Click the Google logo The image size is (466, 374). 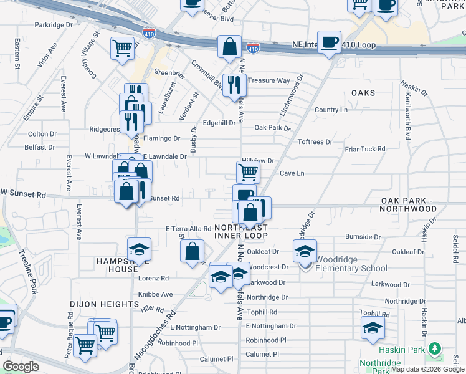tap(21, 367)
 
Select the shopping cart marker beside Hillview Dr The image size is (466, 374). tap(248, 171)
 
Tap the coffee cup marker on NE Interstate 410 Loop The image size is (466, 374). tap(329, 42)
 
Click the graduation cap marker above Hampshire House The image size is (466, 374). tap(139, 249)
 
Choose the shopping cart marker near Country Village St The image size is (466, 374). tap(123, 47)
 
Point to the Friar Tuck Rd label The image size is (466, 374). tap(365, 150)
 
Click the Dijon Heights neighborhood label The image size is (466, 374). tap(103, 304)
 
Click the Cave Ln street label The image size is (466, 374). tap(292, 173)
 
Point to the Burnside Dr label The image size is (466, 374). tap(363, 237)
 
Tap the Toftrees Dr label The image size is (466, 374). tap(315, 142)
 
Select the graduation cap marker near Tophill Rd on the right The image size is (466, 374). tap(373, 328)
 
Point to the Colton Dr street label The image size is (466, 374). tap(42, 134)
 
